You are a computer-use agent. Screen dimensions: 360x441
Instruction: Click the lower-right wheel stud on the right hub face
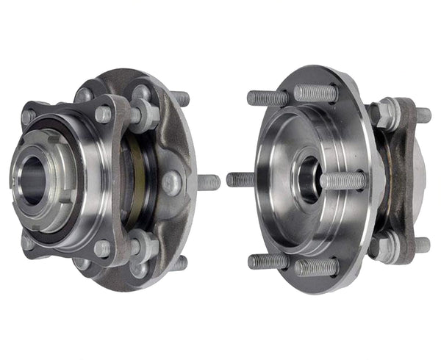318,266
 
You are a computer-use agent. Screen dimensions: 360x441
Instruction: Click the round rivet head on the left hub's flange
171,182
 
